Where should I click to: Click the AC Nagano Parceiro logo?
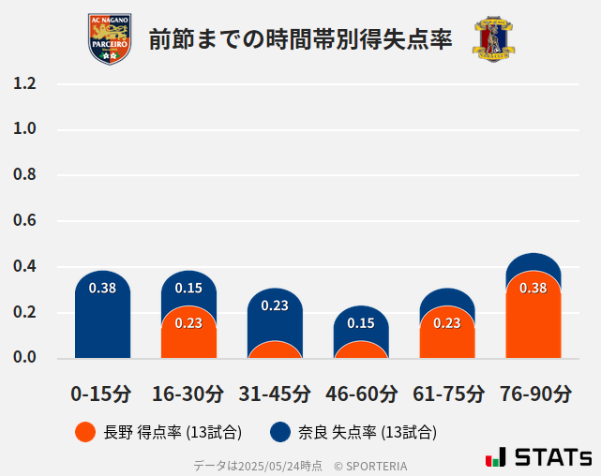(x=110, y=39)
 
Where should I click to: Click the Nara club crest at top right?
(x=493, y=39)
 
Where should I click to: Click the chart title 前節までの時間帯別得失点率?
(x=300, y=39)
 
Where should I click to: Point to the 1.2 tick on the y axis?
(x=24, y=83)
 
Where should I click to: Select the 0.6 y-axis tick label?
(x=24, y=221)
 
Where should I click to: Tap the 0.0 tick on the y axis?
(x=24, y=358)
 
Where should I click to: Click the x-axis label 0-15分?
(x=102, y=394)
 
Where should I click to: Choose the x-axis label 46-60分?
(x=361, y=394)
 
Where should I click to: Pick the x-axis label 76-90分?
(x=533, y=394)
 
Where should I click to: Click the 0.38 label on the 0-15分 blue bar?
(x=102, y=288)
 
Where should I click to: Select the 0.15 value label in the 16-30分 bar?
(x=188, y=288)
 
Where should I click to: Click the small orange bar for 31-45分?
(x=275, y=350)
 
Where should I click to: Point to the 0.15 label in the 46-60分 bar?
(x=361, y=323)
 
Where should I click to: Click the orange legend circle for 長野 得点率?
(x=85, y=432)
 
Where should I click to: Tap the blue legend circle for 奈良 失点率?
(x=280, y=432)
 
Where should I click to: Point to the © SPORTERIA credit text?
(x=370, y=465)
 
